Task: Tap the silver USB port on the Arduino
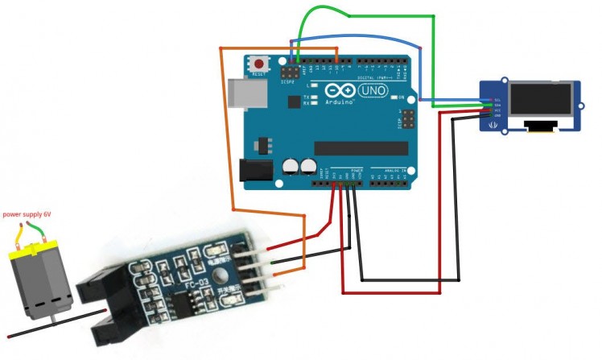tap(244, 93)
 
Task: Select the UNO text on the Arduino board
tap(373, 90)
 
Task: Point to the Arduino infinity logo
tap(335, 90)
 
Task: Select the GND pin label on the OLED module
tap(497, 116)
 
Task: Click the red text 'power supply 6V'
tap(27, 214)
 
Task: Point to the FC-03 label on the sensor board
tap(188, 284)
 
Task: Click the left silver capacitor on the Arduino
tap(291, 166)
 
